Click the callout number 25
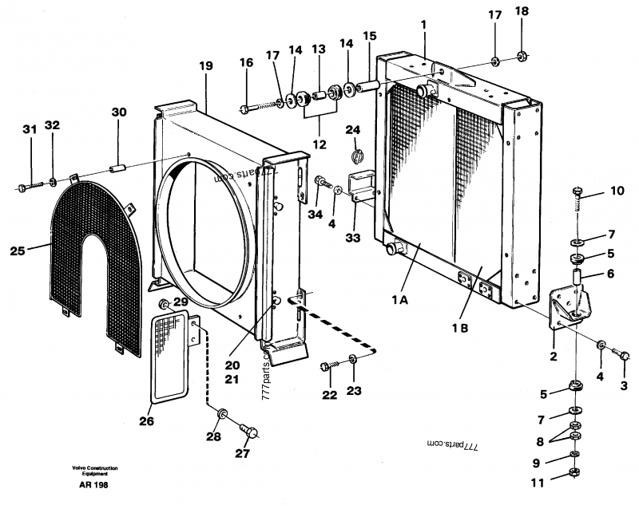[x=18, y=251]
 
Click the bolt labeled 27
[x=250, y=433]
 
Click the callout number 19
[x=206, y=66]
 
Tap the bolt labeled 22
[x=325, y=365]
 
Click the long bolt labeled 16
[x=256, y=106]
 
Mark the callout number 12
[x=319, y=144]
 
